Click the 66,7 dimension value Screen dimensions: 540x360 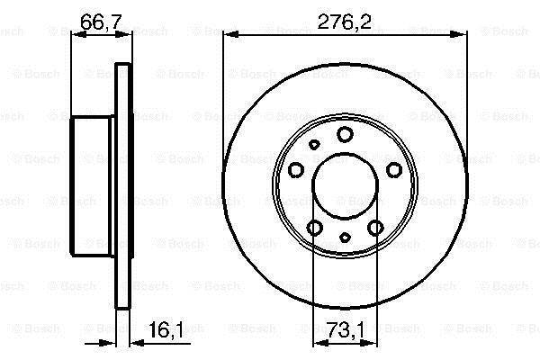click(101, 22)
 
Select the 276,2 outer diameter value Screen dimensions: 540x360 click(345, 22)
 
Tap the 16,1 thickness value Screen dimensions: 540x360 click(166, 330)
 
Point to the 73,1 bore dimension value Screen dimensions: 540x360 click(345, 330)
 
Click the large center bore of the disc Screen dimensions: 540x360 click(345, 185)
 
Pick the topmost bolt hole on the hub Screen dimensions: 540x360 click(345, 134)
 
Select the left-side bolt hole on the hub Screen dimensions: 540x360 click(296, 170)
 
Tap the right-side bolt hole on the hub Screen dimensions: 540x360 click(394, 170)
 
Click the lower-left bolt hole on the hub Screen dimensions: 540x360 click(314, 228)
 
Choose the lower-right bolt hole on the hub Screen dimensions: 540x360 click(375, 228)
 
